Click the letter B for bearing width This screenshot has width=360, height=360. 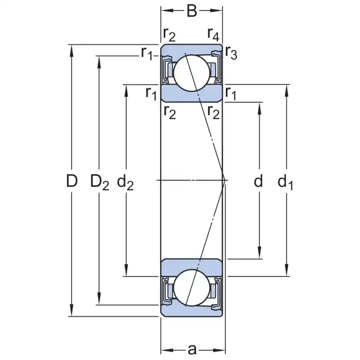point(192,10)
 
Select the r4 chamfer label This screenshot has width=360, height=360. point(213,33)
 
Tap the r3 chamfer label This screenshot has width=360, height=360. point(231,53)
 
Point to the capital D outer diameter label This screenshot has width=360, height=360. point(72,181)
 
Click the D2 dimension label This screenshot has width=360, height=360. point(99,182)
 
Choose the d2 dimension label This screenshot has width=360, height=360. point(126,182)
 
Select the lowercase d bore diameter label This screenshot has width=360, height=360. point(258,181)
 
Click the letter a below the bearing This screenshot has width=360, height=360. point(192,349)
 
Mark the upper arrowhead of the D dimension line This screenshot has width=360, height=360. point(71,49)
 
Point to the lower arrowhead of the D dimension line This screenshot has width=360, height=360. point(71,312)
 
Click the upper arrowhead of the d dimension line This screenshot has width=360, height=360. point(260,107)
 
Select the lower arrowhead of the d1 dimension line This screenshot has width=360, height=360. point(287,272)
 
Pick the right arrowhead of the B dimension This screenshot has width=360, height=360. point(219,10)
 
